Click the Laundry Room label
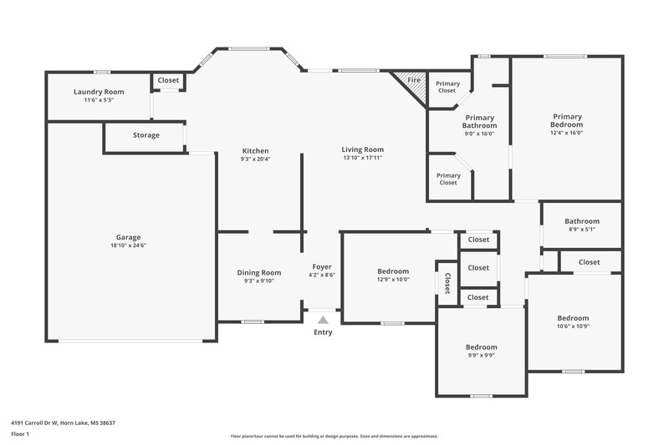[99, 92]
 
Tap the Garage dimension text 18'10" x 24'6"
[128, 246]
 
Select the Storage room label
[146, 135]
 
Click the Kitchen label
[255, 151]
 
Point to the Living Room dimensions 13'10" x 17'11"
[362, 158]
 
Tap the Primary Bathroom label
[480, 122]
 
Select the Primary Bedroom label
[566, 120]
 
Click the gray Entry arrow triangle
[323, 318]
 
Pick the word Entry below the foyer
[323, 332]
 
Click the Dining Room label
[259, 273]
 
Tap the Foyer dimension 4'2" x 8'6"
[322, 275]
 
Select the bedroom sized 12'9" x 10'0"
[393, 276]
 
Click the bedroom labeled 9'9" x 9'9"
[481, 351]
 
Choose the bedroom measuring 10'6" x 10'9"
[573, 322]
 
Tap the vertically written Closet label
[447, 284]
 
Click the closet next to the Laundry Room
[168, 81]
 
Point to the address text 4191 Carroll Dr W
[63, 422]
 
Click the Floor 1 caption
[20, 435]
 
